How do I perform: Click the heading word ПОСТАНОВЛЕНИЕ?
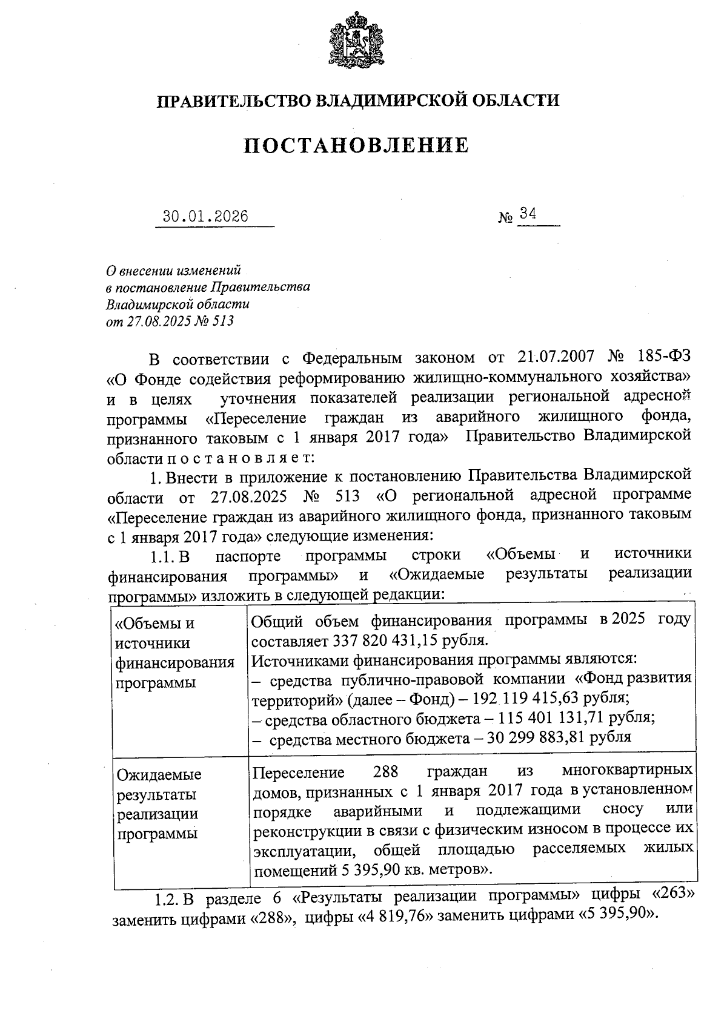point(356,145)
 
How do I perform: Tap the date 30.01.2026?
point(206,217)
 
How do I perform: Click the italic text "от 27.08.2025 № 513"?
point(170,321)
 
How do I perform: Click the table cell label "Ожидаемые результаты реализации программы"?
point(159,803)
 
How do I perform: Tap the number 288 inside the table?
point(385,772)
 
